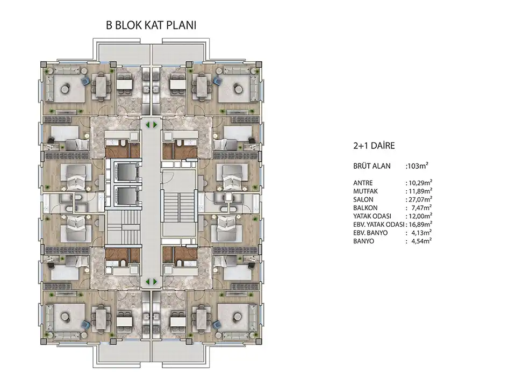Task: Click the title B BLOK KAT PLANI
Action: point(151,25)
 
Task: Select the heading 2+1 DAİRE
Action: point(374,146)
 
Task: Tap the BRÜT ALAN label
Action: point(372,166)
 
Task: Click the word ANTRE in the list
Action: point(363,183)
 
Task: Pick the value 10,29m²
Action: point(420,183)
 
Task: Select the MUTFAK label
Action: point(365,191)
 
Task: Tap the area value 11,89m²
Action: point(420,191)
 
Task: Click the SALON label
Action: point(363,200)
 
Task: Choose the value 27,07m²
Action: point(420,199)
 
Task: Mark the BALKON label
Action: point(365,208)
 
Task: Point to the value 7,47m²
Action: point(421,207)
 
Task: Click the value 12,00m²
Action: point(420,216)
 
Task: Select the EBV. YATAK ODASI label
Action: point(379,225)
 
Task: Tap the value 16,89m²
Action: point(420,225)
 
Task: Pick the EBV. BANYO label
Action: point(370,233)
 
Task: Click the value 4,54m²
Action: point(421,241)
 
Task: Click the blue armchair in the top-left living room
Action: point(85,81)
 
